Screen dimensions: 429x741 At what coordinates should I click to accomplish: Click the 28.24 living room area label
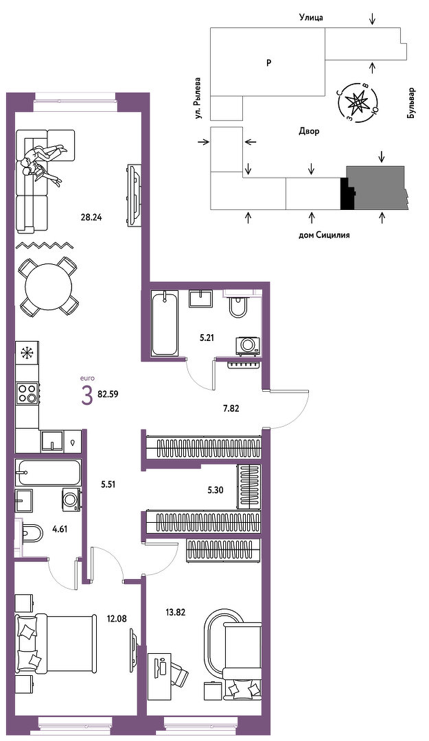92,217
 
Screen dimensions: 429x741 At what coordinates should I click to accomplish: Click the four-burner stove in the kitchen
27,393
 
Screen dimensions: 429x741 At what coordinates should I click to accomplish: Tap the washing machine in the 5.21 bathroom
248,345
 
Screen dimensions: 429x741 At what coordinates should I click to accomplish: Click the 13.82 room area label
174,613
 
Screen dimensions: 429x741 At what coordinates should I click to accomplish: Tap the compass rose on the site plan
358,102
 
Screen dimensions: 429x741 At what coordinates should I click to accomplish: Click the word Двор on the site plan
309,131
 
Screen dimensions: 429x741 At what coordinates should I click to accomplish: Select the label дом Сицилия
324,235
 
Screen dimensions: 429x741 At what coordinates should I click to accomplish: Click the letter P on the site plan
268,62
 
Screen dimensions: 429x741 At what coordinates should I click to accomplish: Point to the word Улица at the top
311,18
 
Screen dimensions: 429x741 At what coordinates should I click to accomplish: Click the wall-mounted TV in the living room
133,195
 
